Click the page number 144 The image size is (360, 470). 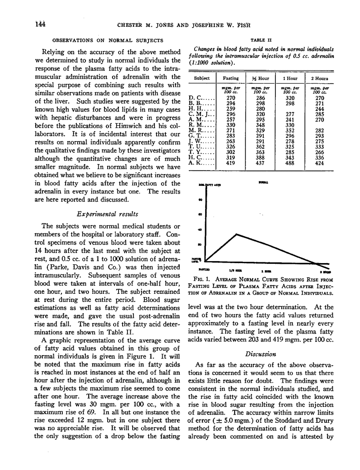click(x=40, y=24)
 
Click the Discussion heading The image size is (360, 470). click(x=261, y=354)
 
